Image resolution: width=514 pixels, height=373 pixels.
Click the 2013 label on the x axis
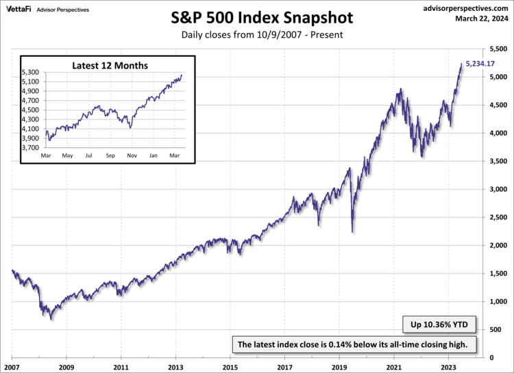(176, 366)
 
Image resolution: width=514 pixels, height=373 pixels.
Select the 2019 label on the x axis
(339, 366)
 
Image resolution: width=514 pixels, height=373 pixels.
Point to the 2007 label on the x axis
(12, 366)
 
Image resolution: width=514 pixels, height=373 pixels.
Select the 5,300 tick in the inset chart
(32, 72)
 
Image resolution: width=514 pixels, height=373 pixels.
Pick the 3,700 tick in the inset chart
(32, 147)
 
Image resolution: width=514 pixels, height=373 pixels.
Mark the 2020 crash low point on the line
(352, 232)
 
